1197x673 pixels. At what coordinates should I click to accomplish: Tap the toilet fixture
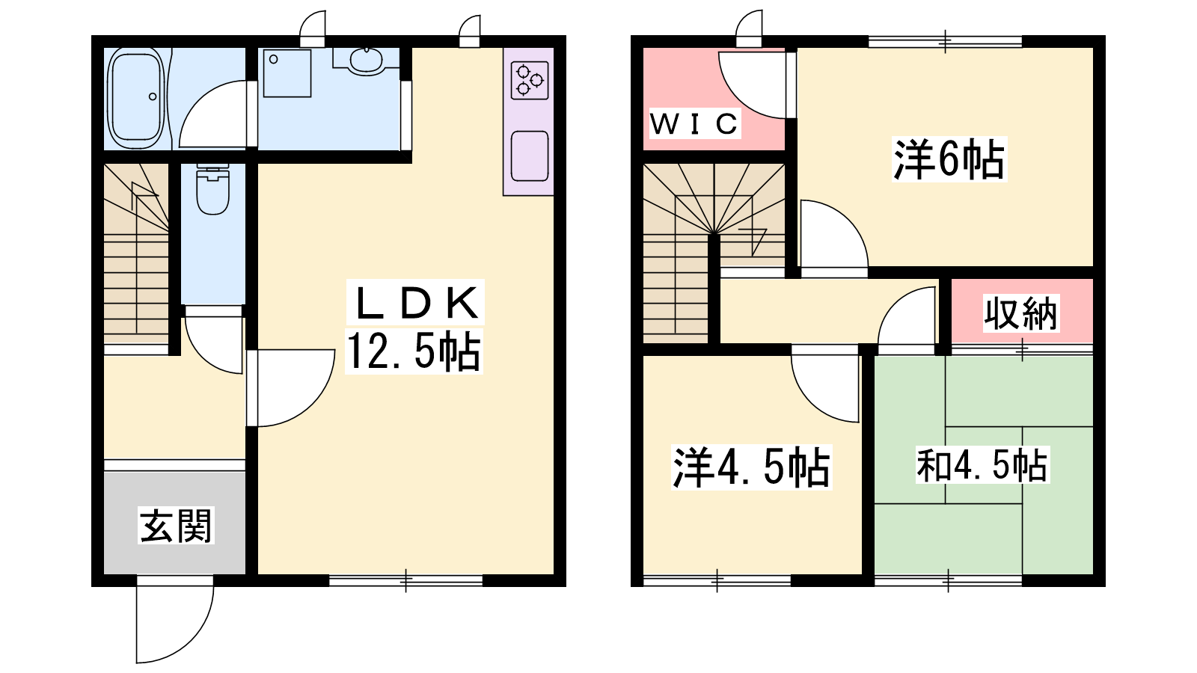(x=212, y=189)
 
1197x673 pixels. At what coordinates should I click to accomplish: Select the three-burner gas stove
(x=530, y=81)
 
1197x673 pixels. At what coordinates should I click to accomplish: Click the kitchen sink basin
(x=530, y=156)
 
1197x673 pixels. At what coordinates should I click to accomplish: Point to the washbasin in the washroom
(x=367, y=61)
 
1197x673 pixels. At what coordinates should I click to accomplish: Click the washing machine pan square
(x=287, y=74)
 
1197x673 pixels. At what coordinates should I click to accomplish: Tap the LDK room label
(x=416, y=303)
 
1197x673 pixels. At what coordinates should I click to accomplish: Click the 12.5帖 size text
(x=414, y=351)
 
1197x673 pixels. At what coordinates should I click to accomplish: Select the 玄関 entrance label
(x=176, y=526)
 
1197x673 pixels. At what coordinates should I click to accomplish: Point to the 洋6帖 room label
(x=949, y=159)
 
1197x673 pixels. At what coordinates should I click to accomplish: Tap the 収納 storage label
(x=1020, y=313)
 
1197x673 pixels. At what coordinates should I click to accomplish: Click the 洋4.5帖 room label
(x=751, y=467)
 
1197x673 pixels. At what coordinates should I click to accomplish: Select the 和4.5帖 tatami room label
(x=982, y=465)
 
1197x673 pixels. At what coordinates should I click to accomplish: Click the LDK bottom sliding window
(x=406, y=580)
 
